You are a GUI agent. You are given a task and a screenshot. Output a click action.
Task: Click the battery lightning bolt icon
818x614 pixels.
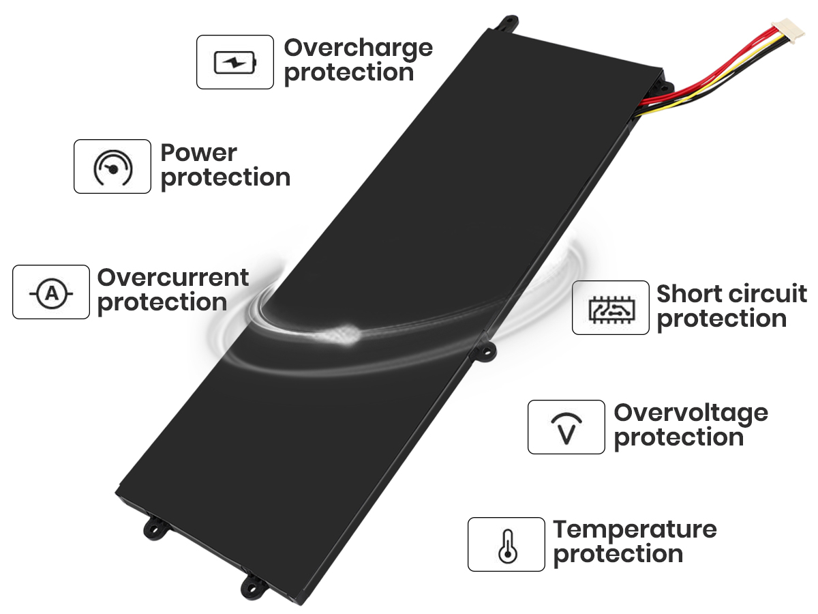(x=235, y=62)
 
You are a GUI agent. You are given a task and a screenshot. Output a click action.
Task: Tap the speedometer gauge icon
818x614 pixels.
(x=112, y=167)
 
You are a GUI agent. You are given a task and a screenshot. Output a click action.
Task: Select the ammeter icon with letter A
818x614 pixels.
(x=51, y=293)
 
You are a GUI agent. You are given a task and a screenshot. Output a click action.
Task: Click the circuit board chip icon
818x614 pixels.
(x=611, y=310)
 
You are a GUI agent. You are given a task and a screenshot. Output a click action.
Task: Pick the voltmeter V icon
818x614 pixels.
(x=566, y=428)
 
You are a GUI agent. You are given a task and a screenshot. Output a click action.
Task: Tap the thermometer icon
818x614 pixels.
(x=508, y=546)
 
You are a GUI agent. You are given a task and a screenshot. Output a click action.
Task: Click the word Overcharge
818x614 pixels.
(x=358, y=49)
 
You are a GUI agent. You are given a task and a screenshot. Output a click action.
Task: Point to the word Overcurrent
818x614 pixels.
(x=173, y=278)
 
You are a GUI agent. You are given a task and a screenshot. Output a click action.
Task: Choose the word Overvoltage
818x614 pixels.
(x=691, y=414)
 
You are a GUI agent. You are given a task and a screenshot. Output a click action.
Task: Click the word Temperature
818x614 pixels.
(x=635, y=530)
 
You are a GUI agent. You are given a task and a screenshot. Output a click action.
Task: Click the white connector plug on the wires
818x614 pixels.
(x=788, y=31)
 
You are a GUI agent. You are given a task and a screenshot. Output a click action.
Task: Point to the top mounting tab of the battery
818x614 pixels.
(x=507, y=23)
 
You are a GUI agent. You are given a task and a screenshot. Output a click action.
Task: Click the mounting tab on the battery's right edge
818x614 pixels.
(x=483, y=351)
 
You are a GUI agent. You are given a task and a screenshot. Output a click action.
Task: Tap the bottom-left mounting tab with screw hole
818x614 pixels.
(x=155, y=527)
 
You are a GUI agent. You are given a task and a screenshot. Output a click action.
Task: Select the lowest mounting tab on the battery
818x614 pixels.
(x=254, y=587)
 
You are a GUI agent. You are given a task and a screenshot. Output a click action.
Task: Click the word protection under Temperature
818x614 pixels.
(x=618, y=555)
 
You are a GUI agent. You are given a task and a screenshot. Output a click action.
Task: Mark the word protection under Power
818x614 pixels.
(x=226, y=178)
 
